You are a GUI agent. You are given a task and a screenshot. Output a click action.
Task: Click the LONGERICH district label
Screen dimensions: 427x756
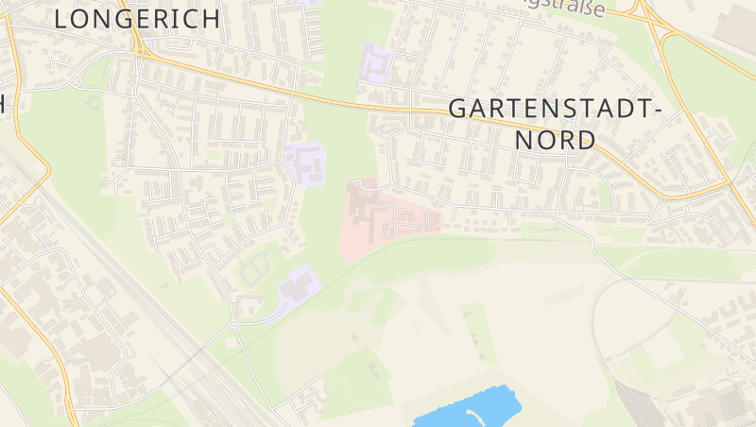[x=137, y=18]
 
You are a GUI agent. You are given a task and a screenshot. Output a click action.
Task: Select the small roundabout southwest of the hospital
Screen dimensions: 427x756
[x=233, y=324]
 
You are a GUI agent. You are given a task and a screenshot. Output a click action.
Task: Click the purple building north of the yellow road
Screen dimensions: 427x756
[x=376, y=63]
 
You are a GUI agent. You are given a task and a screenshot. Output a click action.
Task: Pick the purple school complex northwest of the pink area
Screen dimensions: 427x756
[x=306, y=162]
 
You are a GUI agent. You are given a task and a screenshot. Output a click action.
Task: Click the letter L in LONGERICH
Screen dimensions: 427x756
[x=61, y=18]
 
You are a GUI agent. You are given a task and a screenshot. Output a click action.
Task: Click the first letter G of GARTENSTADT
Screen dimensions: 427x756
[x=458, y=108]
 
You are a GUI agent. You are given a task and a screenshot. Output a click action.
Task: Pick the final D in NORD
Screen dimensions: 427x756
[x=586, y=141]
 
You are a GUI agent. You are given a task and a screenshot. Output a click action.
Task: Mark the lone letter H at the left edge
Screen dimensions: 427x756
[x=3, y=104]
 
